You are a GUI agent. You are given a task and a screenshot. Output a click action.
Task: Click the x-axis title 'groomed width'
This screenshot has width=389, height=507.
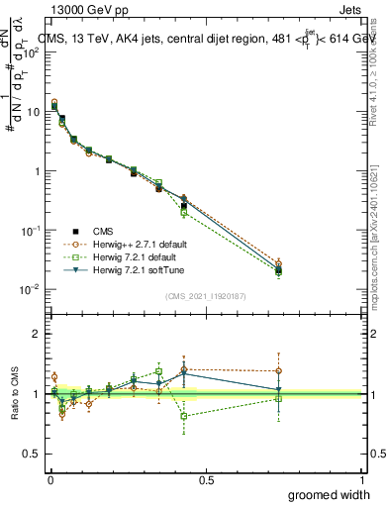click(x=330, y=494)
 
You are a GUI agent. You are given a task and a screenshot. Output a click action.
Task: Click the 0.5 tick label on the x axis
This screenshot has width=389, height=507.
click(x=205, y=479)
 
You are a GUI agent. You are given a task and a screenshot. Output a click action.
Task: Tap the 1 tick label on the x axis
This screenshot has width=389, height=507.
click(x=361, y=479)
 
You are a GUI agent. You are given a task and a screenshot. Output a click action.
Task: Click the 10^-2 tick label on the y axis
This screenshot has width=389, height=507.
click(x=32, y=289)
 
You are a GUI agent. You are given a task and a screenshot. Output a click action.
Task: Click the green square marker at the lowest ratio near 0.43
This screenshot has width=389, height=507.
click(x=183, y=416)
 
